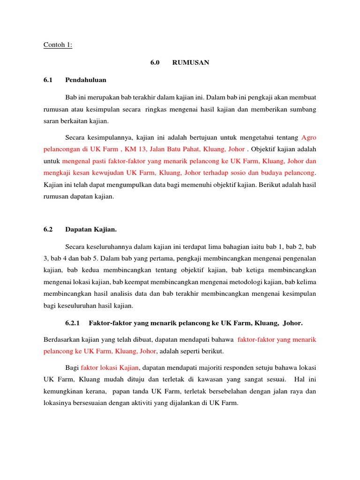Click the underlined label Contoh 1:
coord(58,45)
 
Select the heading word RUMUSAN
coord(191,62)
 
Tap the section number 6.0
coord(155,62)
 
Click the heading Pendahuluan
coord(86,80)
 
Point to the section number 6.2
coord(49,230)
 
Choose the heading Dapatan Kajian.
coord(91,230)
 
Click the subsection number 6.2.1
coord(73,323)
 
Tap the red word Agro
coord(309,137)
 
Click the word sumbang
coord(304,109)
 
